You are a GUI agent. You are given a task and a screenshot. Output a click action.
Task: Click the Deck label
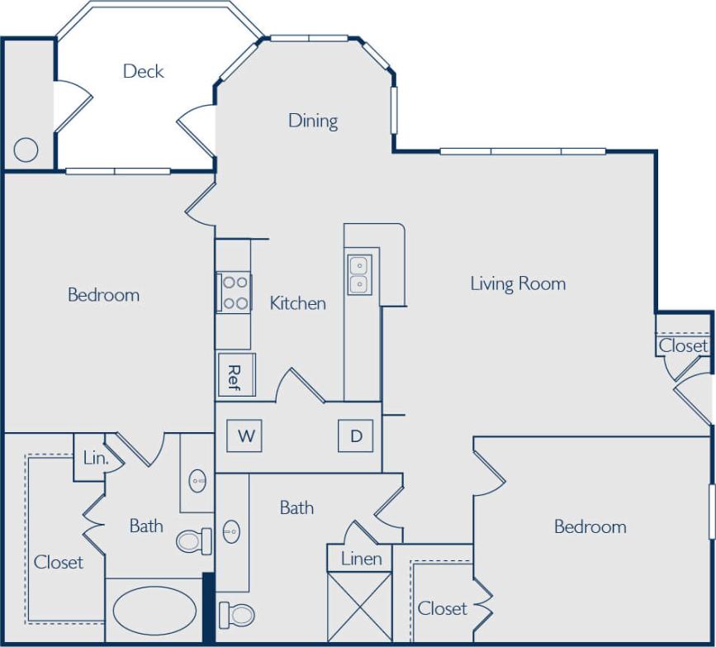pyautogui.click(x=143, y=71)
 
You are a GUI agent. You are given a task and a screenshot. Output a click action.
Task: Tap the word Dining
pyautogui.click(x=313, y=121)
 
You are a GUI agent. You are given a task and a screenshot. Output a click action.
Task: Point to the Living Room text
pyautogui.click(x=518, y=283)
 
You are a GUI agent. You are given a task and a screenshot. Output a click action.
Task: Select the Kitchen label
pyautogui.click(x=297, y=303)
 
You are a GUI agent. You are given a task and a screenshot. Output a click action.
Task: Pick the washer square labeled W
pyautogui.click(x=245, y=436)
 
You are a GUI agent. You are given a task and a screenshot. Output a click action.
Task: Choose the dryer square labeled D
pyautogui.click(x=356, y=436)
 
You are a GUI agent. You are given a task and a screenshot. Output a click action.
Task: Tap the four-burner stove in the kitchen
pyautogui.click(x=235, y=292)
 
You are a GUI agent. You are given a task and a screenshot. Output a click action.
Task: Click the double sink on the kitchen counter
pyautogui.click(x=360, y=274)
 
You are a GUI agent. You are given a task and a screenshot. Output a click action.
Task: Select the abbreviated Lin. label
pyautogui.click(x=95, y=457)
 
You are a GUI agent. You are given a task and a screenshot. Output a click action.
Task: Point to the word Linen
pyautogui.click(x=362, y=559)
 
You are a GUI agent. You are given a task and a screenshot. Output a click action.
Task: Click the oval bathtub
pyautogui.click(x=154, y=611)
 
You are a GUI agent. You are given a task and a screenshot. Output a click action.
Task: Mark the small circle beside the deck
pyautogui.click(x=26, y=150)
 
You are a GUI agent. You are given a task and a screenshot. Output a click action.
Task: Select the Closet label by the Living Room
pyautogui.click(x=683, y=346)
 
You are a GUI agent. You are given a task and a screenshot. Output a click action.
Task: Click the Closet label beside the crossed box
pyautogui.click(x=442, y=609)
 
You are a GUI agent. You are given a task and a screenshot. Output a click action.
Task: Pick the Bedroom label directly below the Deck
pyautogui.click(x=103, y=295)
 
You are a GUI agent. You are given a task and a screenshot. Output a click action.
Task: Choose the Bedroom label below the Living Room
pyautogui.click(x=590, y=527)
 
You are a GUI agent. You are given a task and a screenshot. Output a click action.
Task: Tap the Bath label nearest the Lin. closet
pyautogui.click(x=146, y=526)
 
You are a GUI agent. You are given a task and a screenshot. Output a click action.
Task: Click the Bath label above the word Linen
pyautogui.click(x=296, y=507)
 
